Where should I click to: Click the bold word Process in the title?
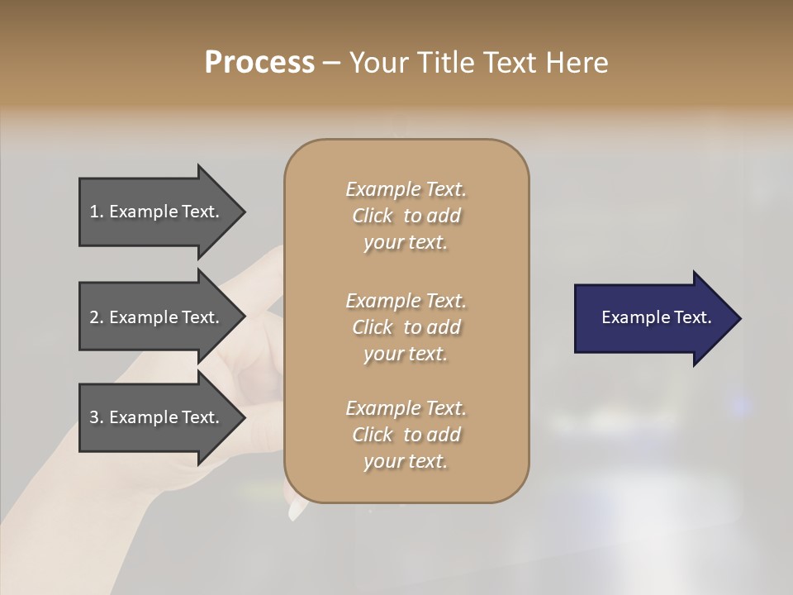pyautogui.click(x=259, y=63)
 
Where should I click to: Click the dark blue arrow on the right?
pyautogui.click(x=653, y=317)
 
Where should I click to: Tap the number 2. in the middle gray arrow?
pyautogui.click(x=97, y=317)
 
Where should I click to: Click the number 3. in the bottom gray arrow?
pyautogui.click(x=97, y=417)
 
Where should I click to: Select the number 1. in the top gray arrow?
pyautogui.click(x=97, y=212)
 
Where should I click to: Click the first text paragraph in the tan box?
pyautogui.click(x=406, y=216)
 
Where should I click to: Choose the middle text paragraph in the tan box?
pyautogui.click(x=406, y=326)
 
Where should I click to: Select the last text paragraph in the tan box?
pyautogui.click(x=406, y=435)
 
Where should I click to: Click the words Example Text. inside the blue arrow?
pyautogui.click(x=656, y=317)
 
